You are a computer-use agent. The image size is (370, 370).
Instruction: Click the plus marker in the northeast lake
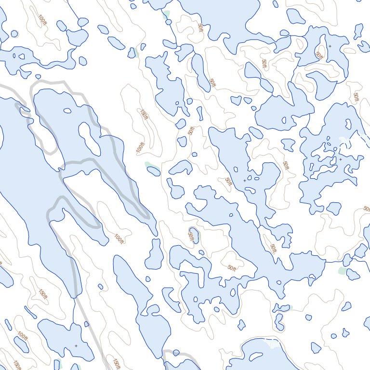point(330,46)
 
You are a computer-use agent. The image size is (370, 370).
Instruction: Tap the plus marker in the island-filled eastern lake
point(341,159)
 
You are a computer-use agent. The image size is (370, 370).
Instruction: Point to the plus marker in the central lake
point(244,180)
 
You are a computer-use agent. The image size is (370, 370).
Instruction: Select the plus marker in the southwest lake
point(76,345)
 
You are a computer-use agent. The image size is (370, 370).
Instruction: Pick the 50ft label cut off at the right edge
point(367,209)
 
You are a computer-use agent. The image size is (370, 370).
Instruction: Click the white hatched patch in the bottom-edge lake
point(273,344)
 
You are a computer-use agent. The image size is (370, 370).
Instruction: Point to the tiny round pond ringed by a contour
point(14,34)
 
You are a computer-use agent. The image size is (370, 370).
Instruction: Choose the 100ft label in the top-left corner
point(43,20)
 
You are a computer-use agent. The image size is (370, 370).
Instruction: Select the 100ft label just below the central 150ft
point(140,146)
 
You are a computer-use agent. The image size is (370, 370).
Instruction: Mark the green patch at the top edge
point(166,14)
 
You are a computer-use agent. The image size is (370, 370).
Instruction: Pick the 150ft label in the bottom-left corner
point(17,365)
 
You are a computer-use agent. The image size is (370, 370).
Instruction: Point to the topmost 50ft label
point(199,28)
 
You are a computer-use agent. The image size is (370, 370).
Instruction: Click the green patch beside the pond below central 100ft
point(149,165)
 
